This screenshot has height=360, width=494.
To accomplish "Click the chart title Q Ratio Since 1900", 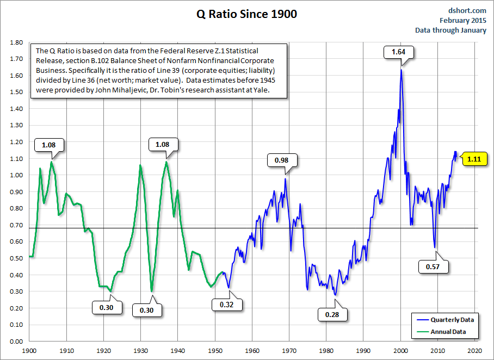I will coord(246,15).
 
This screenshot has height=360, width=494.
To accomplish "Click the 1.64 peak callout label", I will coord(399,52).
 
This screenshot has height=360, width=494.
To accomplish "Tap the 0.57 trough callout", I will coord(433,266).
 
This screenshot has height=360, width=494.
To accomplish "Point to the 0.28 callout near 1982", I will coord(332,314).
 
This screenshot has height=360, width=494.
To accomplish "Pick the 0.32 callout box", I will coord(226,304).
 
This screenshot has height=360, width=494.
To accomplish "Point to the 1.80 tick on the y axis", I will coord(16,42).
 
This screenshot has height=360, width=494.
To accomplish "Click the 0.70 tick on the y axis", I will coord(16,225).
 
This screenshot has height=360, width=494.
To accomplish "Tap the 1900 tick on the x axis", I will coord(29,351).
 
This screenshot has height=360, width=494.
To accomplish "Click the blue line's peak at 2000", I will coord(401,70).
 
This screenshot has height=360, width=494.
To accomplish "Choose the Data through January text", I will coord(450,30).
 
